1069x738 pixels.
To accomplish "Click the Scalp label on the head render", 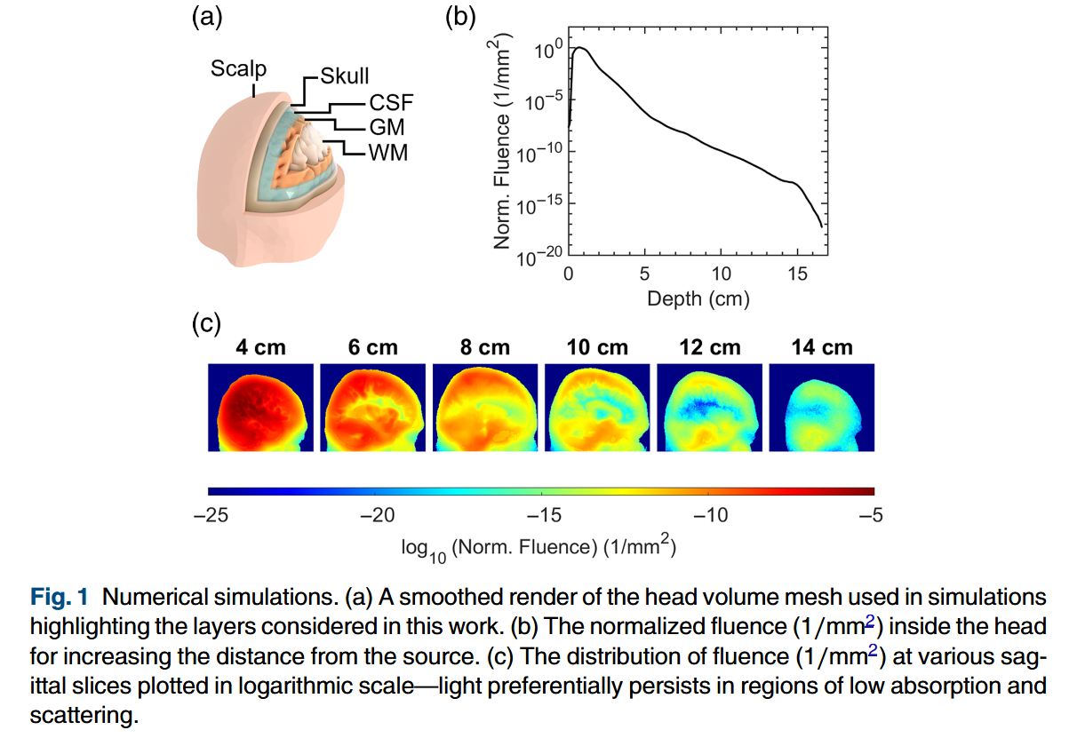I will (x=238, y=68).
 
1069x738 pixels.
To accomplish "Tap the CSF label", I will (x=392, y=103).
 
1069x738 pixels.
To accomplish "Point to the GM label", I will (x=387, y=128).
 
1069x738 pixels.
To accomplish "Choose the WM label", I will (x=388, y=153).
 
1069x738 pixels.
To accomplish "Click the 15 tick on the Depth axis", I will (x=797, y=274).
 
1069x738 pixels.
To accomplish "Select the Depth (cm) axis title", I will (x=698, y=299).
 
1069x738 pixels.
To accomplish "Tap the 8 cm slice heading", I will (x=485, y=348).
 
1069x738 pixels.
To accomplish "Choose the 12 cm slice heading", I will (x=709, y=348).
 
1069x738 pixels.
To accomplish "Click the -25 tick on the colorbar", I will (x=210, y=515).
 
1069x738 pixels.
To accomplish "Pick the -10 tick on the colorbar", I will (x=709, y=515).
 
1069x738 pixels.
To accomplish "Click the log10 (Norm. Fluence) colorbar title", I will (x=539, y=547).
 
